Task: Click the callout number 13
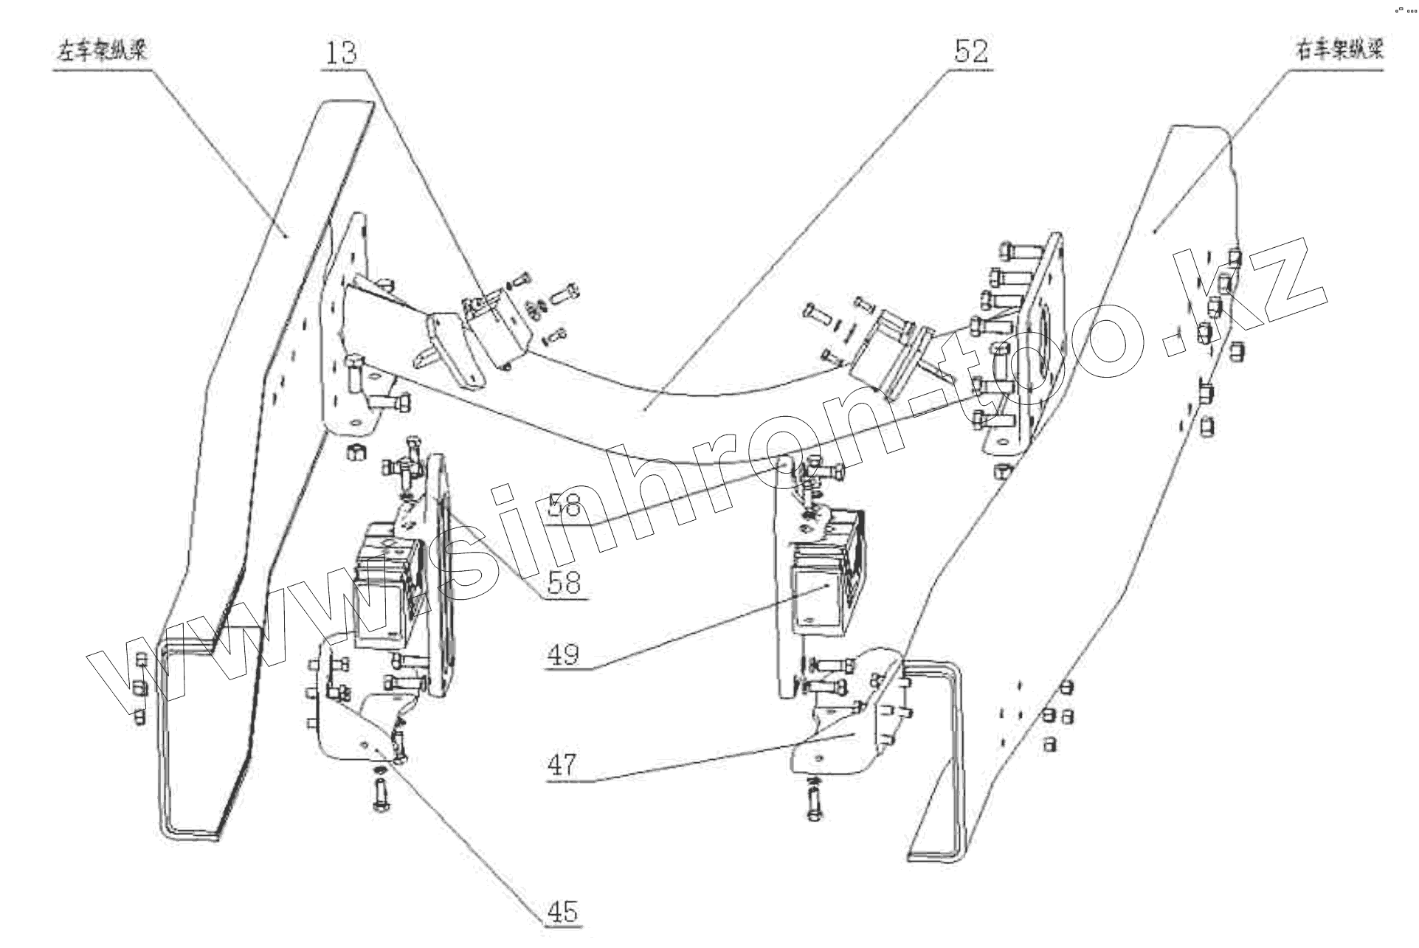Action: [341, 53]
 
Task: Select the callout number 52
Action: [970, 52]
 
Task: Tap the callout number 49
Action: [563, 654]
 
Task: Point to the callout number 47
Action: [562, 764]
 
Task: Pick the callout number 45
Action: [562, 912]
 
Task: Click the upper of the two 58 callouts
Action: [565, 507]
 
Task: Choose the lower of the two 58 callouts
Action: [565, 583]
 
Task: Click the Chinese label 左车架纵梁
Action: [103, 52]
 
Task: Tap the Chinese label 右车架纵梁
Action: [1339, 50]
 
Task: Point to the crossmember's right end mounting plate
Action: [1026, 347]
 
